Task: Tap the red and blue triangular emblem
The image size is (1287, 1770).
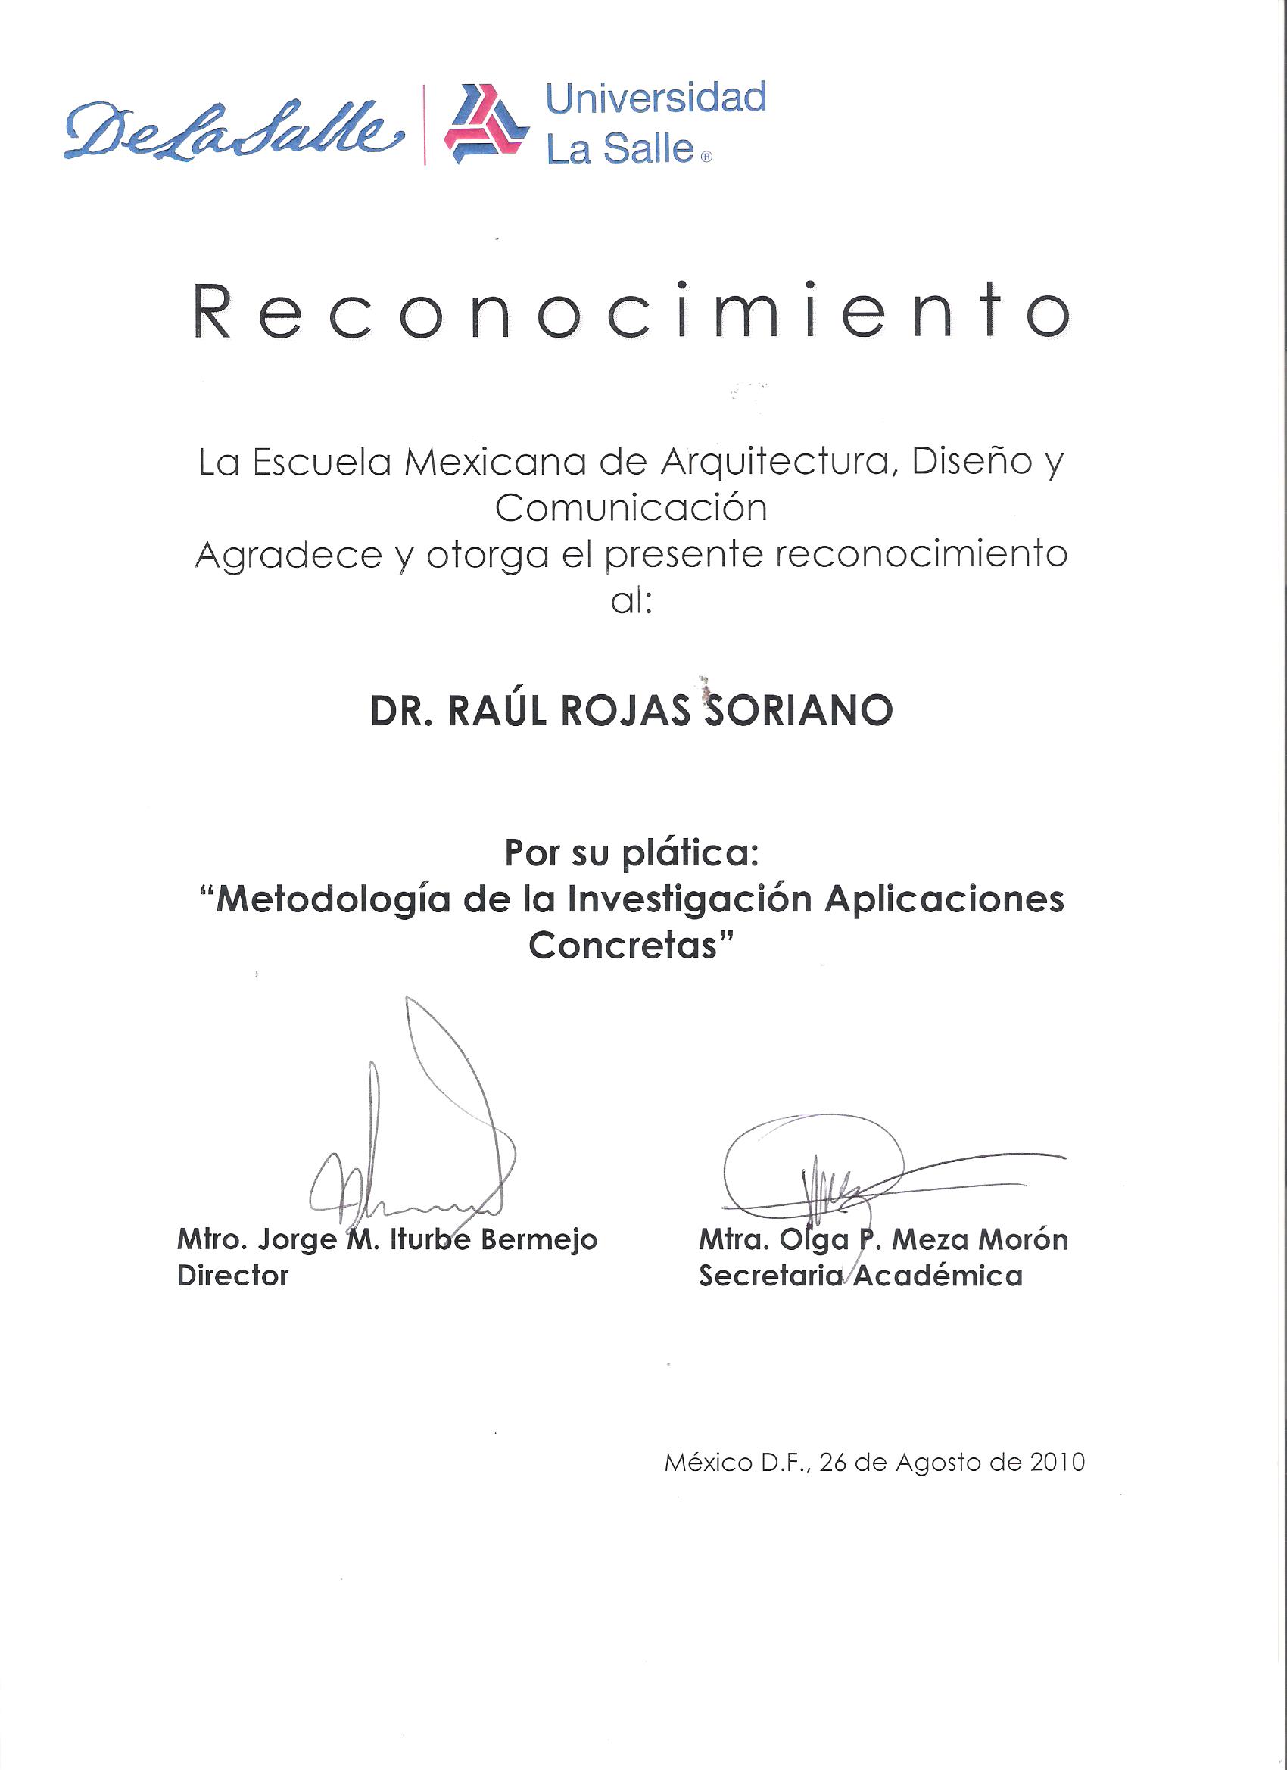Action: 485,125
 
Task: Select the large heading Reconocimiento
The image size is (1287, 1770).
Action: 631,310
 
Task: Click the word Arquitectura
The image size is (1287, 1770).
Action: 776,463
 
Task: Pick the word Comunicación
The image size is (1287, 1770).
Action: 631,509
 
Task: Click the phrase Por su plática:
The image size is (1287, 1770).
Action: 631,854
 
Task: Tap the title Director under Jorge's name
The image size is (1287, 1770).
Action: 232,1276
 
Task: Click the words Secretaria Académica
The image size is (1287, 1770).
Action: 860,1276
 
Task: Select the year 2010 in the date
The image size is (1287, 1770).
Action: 1057,1462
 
